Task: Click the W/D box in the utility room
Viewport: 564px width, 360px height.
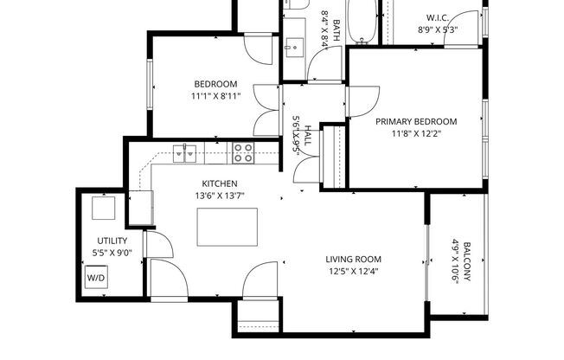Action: point(94,279)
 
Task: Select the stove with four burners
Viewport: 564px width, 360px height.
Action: point(243,153)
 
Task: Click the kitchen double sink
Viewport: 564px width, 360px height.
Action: point(186,153)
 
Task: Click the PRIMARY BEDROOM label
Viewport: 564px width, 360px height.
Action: point(416,121)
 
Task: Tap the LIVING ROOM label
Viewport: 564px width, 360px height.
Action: point(353,259)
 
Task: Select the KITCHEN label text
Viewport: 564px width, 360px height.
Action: point(219,183)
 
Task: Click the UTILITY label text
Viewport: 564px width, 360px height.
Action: point(112,241)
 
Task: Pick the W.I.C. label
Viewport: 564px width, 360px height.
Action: point(437,18)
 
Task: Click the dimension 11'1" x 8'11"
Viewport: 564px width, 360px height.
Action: point(215,97)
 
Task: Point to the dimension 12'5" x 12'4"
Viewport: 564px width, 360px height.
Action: point(353,271)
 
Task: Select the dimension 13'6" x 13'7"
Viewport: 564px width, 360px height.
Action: point(219,196)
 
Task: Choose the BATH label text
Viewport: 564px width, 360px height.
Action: point(336,26)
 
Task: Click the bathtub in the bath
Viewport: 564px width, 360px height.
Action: point(363,19)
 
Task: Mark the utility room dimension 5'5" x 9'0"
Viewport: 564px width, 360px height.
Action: point(112,253)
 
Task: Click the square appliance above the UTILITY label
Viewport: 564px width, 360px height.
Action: point(104,209)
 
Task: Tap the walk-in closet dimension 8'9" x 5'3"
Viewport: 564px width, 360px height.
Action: point(437,29)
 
